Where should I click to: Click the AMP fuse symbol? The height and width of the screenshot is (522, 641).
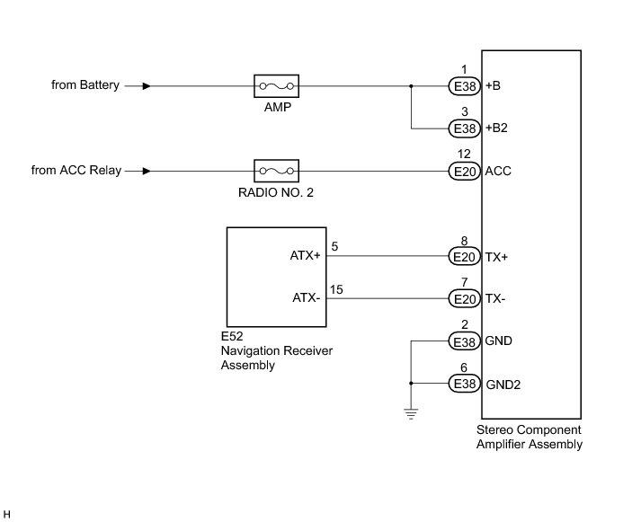(x=276, y=85)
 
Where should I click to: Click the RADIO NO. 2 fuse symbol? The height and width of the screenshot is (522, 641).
(x=276, y=171)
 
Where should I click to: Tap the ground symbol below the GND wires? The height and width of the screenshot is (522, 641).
(x=411, y=414)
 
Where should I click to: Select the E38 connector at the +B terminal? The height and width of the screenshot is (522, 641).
(x=465, y=86)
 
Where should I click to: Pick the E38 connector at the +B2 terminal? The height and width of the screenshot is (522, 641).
(x=465, y=128)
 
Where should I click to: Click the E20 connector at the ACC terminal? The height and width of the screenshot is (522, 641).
(x=465, y=171)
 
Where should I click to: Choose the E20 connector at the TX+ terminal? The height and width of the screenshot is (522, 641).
(x=465, y=256)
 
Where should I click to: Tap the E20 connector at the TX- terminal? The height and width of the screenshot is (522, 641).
(x=465, y=299)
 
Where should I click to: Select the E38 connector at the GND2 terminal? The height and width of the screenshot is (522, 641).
(x=465, y=384)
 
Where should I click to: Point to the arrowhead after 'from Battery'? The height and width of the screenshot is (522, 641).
(x=147, y=86)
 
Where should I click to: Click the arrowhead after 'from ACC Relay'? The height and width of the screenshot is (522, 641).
(x=147, y=171)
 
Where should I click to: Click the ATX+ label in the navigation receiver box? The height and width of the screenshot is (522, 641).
(x=306, y=256)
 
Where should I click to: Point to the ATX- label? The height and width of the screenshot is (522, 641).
(x=307, y=298)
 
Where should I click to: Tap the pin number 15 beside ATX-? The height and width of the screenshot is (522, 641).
(x=336, y=289)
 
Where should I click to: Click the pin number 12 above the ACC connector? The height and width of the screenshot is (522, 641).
(x=464, y=154)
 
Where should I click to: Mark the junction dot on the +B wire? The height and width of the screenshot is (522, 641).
(x=411, y=86)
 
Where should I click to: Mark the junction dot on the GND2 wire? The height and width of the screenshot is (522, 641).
(x=411, y=383)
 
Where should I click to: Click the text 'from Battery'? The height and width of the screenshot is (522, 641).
(x=85, y=85)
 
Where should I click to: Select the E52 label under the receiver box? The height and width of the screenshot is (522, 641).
(x=232, y=336)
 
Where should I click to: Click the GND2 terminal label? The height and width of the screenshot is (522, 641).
(x=503, y=385)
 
